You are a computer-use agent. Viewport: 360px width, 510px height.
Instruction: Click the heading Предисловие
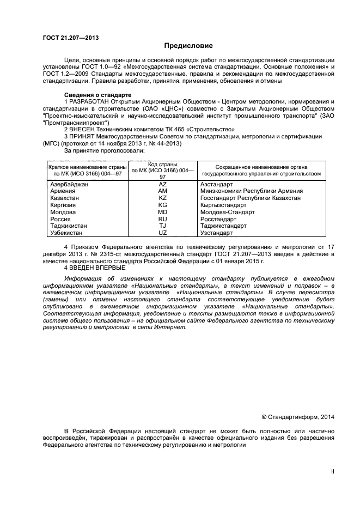tap(188, 46)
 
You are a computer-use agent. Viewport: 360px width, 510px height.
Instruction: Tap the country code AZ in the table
tap(162, 184)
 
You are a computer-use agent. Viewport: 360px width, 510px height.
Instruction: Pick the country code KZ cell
tap(162, 198)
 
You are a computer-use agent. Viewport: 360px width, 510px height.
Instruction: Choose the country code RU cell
tap(162, 219)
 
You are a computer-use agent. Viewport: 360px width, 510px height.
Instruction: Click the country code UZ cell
tap(162, 233)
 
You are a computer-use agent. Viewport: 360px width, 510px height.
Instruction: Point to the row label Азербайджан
tap(69, 184)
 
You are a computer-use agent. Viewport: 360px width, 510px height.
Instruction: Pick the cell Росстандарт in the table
tap(219, 219)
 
